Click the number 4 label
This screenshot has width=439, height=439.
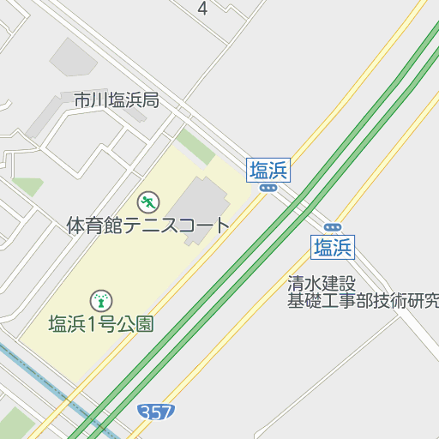(202, 9)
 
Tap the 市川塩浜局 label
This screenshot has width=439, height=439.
(117, 100)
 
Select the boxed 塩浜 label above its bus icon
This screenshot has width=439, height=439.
(269, 170)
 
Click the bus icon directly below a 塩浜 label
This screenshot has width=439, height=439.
(268, 187)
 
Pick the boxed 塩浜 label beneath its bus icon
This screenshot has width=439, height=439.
(333, 249)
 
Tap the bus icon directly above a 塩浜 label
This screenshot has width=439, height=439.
(333, 227)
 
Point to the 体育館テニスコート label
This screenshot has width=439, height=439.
(148, 226)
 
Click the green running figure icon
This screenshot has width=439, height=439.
(147, 202)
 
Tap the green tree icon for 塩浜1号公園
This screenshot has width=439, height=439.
(101, 300)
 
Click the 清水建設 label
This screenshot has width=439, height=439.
(322, 283)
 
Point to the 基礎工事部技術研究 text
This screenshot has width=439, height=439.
(364, 300)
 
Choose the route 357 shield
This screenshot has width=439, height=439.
(155, 413)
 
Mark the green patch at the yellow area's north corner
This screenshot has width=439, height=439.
(195, 146)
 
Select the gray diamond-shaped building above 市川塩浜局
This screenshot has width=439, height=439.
(73, 57)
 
